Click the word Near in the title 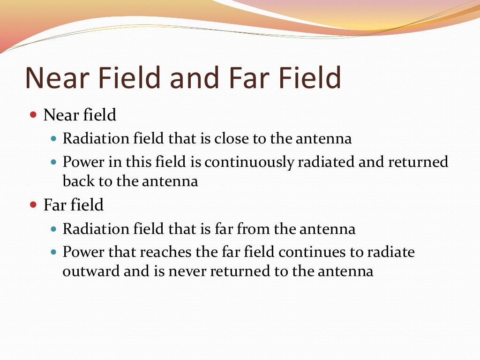pos(55,78)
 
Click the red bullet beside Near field pos(33,114)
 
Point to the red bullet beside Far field pos(33,204)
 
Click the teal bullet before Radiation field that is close pos(53,139)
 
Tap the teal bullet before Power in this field pos(53,163)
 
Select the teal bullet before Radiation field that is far pos(53,229)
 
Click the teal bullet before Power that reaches pos(53,253)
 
